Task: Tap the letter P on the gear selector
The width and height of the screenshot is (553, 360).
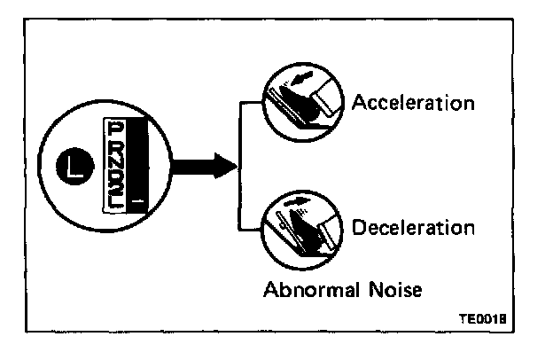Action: click(x=113, y=129)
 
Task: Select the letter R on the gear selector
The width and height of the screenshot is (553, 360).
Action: click(x=113, y=147)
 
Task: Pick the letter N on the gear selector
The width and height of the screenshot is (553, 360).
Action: click(x=113, y=163)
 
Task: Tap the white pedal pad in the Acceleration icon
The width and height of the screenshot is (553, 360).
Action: click(x=323, y=99)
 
